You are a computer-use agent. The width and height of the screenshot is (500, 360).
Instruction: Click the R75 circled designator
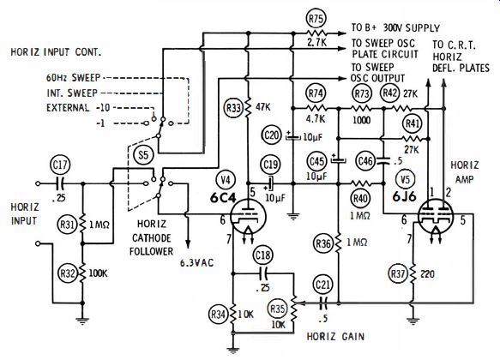(316, 19)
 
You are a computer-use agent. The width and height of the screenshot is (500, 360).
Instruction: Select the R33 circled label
(233, 108)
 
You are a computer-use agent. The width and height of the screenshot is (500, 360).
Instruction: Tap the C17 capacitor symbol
(60, 183)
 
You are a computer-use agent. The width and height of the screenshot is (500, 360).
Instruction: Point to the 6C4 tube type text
(223, 198)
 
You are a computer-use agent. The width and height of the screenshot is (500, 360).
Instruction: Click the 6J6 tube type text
(404, 196)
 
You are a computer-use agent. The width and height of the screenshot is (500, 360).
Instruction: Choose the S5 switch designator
(144, 155)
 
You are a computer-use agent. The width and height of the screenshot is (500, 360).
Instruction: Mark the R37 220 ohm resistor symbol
(413, 273)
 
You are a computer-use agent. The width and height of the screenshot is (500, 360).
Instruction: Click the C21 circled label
(323, 285)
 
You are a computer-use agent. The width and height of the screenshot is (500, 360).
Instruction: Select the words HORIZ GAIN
(335, 336)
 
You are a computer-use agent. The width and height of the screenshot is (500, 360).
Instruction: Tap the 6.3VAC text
(196, 263)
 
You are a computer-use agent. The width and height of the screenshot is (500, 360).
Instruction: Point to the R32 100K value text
(98, 273)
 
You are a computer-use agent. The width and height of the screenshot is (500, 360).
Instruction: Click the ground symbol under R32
(82, 321)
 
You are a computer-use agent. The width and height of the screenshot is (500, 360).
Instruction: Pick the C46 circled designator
(365, 160)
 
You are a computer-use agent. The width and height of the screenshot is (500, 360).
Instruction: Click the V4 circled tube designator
(226, 180)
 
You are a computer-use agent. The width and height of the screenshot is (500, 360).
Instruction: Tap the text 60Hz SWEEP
(74, 77)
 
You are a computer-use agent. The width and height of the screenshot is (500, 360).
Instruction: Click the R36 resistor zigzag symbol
(338, 243)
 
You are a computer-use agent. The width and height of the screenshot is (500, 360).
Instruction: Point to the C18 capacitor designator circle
(263, 255)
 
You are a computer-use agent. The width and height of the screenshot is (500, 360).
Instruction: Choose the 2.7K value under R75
(316, 42)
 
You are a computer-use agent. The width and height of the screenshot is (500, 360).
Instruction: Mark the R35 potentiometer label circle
(277, 309)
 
